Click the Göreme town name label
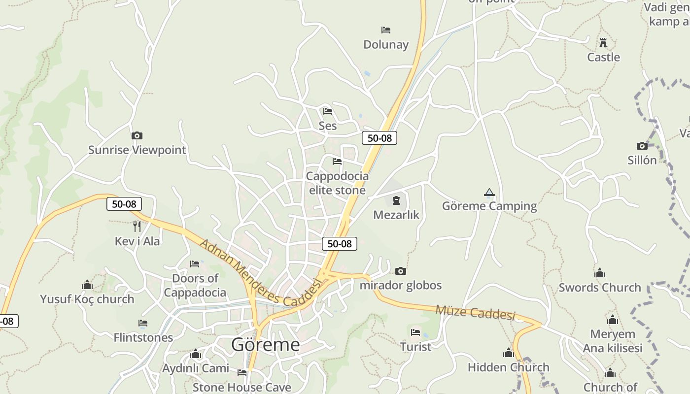pos(265,344)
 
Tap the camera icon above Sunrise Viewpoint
pos(137,135)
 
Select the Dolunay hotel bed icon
pos(386,30)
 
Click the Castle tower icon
pos(603,43)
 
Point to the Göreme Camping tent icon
pos(489,192)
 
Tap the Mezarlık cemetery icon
pos(396,200)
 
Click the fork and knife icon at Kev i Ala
pos(137,227)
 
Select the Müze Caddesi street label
pos(475,312)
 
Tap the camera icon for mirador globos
pos(401,271)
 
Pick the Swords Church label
pos(599,287)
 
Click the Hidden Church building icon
pos(508,353)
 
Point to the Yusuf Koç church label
pos(87,299)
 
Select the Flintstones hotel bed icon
pos(143,323)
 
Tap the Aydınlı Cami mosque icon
pos(196,354)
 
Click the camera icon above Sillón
pos(642,146)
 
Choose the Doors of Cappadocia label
pos(195,285)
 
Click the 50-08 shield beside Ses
pos(379,138)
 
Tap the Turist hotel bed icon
pos(415,332)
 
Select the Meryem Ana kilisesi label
pos(613,341)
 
